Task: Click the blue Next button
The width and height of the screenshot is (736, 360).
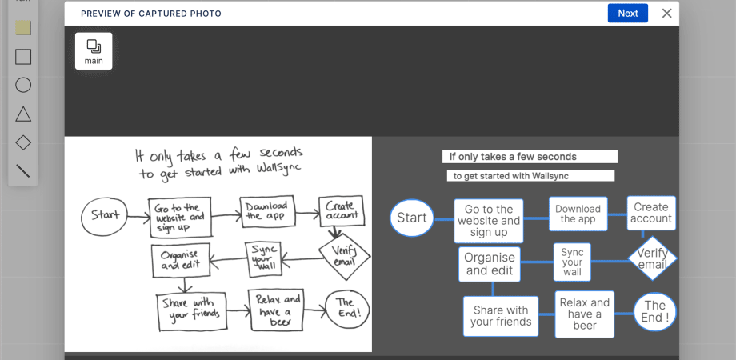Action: pos(628,13)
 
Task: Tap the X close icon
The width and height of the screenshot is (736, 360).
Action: pos(666,13)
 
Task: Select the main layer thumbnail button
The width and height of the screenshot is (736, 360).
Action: pos(94,50)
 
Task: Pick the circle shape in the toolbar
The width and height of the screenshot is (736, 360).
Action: pos(23,85)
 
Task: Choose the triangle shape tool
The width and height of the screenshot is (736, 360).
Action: pos(23,114)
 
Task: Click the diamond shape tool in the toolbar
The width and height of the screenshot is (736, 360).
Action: pos(23,142)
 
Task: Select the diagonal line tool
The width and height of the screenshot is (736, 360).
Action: pos(23,170)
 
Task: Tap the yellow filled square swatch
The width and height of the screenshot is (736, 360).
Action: pos(23,28)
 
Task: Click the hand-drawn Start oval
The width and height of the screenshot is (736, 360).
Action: pos(105,215)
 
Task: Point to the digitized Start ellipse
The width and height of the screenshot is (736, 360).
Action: pos(412,218)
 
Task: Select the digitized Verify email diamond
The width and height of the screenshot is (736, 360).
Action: pos(652,258)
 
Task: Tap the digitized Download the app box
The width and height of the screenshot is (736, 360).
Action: pos(578,214)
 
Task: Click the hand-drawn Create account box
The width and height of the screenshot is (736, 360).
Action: pos(341,210)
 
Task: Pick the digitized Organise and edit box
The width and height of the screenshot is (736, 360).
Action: pos(489,264)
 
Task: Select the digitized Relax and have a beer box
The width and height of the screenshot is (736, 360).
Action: pos(584,314)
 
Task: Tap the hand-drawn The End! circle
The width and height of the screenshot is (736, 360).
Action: pos(347,307)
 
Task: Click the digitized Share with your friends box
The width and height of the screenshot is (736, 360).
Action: pos(501,316)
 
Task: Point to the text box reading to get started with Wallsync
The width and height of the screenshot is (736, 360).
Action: pos(530,176)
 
